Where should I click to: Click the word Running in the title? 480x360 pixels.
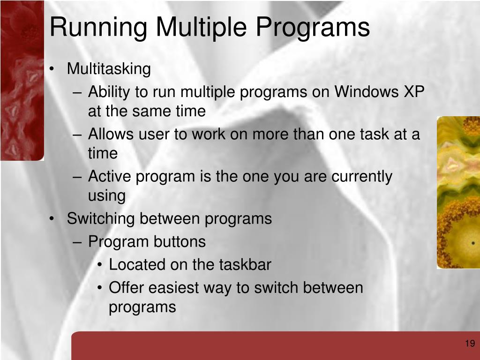(x=98, y=28)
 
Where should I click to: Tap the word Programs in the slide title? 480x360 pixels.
(x=313, y=28)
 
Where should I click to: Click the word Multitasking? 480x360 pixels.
(x=109, y=69)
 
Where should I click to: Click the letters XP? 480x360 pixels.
(x=414, y=91)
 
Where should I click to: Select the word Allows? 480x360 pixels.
(x=111, y=134)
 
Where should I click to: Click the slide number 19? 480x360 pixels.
(x=470, y=344)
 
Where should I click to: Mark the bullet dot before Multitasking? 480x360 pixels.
(x=52, y=69)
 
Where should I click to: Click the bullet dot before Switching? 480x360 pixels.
(x=52, y=219)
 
